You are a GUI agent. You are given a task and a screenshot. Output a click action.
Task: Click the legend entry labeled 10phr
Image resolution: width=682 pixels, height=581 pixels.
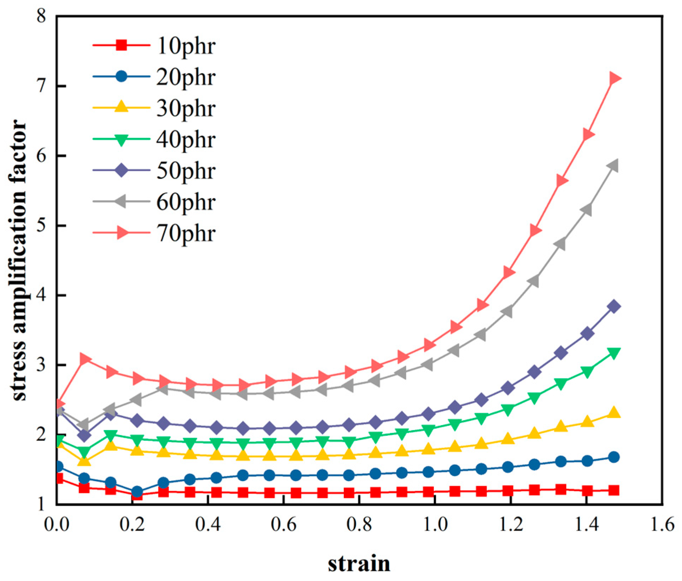[186, 46]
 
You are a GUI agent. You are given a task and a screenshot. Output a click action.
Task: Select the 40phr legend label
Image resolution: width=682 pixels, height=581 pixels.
[186, 140]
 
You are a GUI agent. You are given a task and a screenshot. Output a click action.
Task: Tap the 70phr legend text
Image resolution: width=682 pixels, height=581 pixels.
[186, 234]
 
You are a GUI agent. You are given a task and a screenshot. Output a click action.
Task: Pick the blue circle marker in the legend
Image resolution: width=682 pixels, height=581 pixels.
[121, 76]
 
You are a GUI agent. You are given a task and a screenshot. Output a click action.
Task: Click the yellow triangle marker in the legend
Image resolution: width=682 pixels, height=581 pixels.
[121, 107]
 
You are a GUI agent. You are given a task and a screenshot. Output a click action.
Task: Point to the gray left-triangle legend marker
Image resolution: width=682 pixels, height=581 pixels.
[121, 201]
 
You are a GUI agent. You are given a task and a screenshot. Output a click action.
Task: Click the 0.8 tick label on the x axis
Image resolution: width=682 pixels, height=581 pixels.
[359, 524]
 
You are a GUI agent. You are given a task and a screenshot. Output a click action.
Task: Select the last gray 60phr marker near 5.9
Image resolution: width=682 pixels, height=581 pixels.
[613, 166]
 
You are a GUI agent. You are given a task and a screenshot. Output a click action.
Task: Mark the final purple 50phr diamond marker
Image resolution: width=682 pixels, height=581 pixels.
[614, 306]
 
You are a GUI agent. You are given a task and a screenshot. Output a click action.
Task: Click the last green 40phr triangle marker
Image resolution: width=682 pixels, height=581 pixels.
[614, 353]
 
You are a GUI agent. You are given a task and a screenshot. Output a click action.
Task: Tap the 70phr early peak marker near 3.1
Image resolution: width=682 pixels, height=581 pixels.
[85, 359]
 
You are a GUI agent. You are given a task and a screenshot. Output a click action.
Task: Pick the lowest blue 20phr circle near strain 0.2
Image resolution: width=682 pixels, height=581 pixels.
[137, 492]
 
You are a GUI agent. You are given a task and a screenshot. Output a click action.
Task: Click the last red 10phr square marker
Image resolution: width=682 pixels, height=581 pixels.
[614, 490]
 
